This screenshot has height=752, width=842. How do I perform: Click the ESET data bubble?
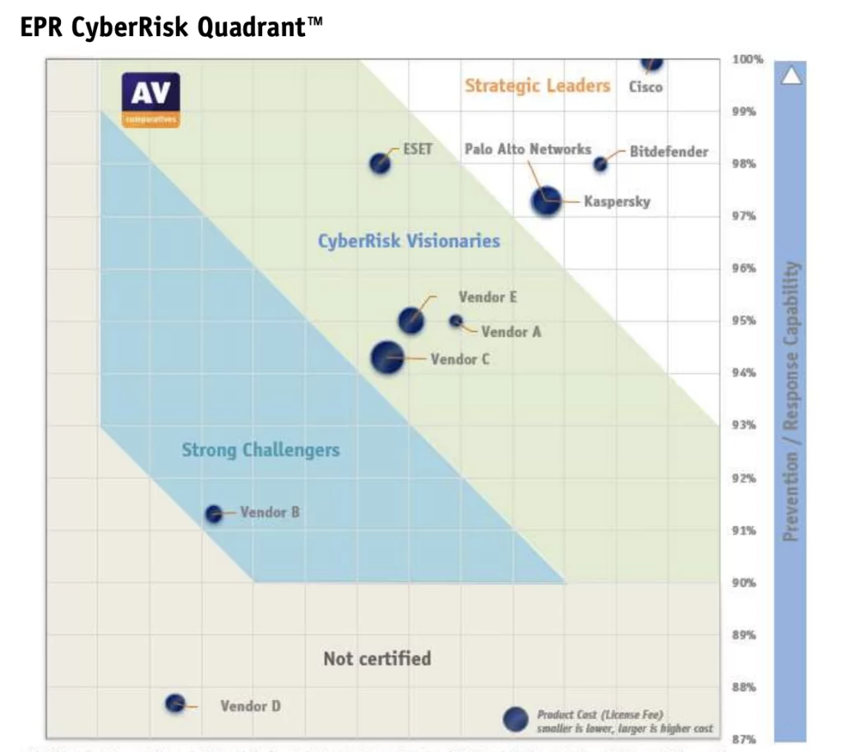point(379,163)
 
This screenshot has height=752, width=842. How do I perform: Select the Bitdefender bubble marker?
point(600,164)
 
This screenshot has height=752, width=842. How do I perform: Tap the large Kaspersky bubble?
point(546,200)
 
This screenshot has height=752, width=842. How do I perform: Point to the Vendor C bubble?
point(387,358)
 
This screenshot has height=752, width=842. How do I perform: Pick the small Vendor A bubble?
point(456,321)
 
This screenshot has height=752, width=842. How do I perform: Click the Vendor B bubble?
point(214,514)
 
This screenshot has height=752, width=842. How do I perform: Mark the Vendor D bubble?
point(175,704)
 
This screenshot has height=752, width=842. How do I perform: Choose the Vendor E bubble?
point(411,321)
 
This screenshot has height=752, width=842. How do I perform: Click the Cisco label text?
point(645,86)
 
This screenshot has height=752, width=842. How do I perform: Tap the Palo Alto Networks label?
point(527,150)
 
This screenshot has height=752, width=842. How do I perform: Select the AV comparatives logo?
point(150,99)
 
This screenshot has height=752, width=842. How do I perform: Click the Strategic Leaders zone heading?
point(538,85)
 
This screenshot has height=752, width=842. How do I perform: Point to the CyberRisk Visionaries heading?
point(409,241)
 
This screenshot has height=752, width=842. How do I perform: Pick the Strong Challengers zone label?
point(261,450)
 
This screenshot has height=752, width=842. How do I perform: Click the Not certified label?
point(377,658)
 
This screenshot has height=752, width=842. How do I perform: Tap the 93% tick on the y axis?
point(743,425)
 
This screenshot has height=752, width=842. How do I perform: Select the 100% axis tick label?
point(747,60)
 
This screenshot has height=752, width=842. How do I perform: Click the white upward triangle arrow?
point(791,76)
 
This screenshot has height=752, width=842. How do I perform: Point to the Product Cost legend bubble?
point(516,719)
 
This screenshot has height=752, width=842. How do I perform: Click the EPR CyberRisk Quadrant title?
point(171,27)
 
